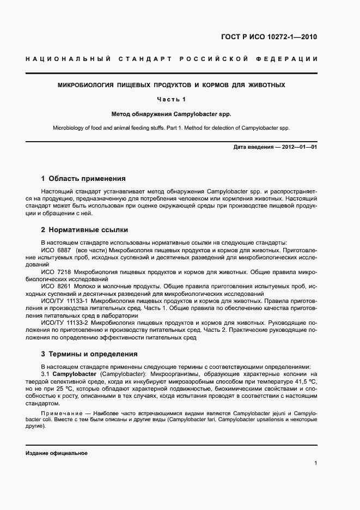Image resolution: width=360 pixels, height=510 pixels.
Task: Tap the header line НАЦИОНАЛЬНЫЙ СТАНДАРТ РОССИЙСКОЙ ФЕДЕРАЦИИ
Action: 172,59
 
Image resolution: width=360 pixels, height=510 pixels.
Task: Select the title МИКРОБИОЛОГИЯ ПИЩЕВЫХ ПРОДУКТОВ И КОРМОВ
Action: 172,86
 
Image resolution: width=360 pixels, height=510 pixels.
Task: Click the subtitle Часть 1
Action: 172,99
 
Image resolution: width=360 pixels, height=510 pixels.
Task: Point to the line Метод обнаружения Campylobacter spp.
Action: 172,115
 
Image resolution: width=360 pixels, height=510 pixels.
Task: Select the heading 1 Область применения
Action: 83,178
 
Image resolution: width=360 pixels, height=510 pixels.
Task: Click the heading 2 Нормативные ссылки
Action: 85,230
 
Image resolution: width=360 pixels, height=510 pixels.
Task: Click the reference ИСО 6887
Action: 54,250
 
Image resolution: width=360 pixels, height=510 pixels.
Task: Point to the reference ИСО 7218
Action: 54,271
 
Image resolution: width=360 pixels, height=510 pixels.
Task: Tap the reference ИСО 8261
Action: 54,286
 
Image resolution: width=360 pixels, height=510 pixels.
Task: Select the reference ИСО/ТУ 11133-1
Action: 64,300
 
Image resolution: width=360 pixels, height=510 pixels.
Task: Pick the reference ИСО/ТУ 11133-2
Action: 64,323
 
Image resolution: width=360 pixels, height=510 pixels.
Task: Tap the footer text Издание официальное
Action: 57,453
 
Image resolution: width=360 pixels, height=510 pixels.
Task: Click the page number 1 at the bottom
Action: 315,463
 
